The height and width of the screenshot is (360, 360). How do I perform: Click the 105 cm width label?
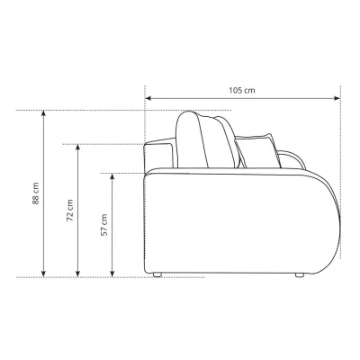(242, 90)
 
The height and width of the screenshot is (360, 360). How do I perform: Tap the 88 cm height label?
(36, 193)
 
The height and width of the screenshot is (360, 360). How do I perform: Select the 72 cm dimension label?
(69, 211)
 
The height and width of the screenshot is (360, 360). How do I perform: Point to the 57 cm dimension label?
(103, 225)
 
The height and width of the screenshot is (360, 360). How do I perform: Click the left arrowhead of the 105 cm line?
(148, 98)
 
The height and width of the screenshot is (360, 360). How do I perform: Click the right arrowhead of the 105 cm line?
(337, 98)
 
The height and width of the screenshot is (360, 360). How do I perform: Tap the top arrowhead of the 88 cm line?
(44, 113)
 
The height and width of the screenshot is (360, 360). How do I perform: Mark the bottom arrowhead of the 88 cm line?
(44, 274)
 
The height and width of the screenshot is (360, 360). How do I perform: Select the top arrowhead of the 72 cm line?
(78, 148)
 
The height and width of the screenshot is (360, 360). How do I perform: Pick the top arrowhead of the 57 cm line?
(112, 176)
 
